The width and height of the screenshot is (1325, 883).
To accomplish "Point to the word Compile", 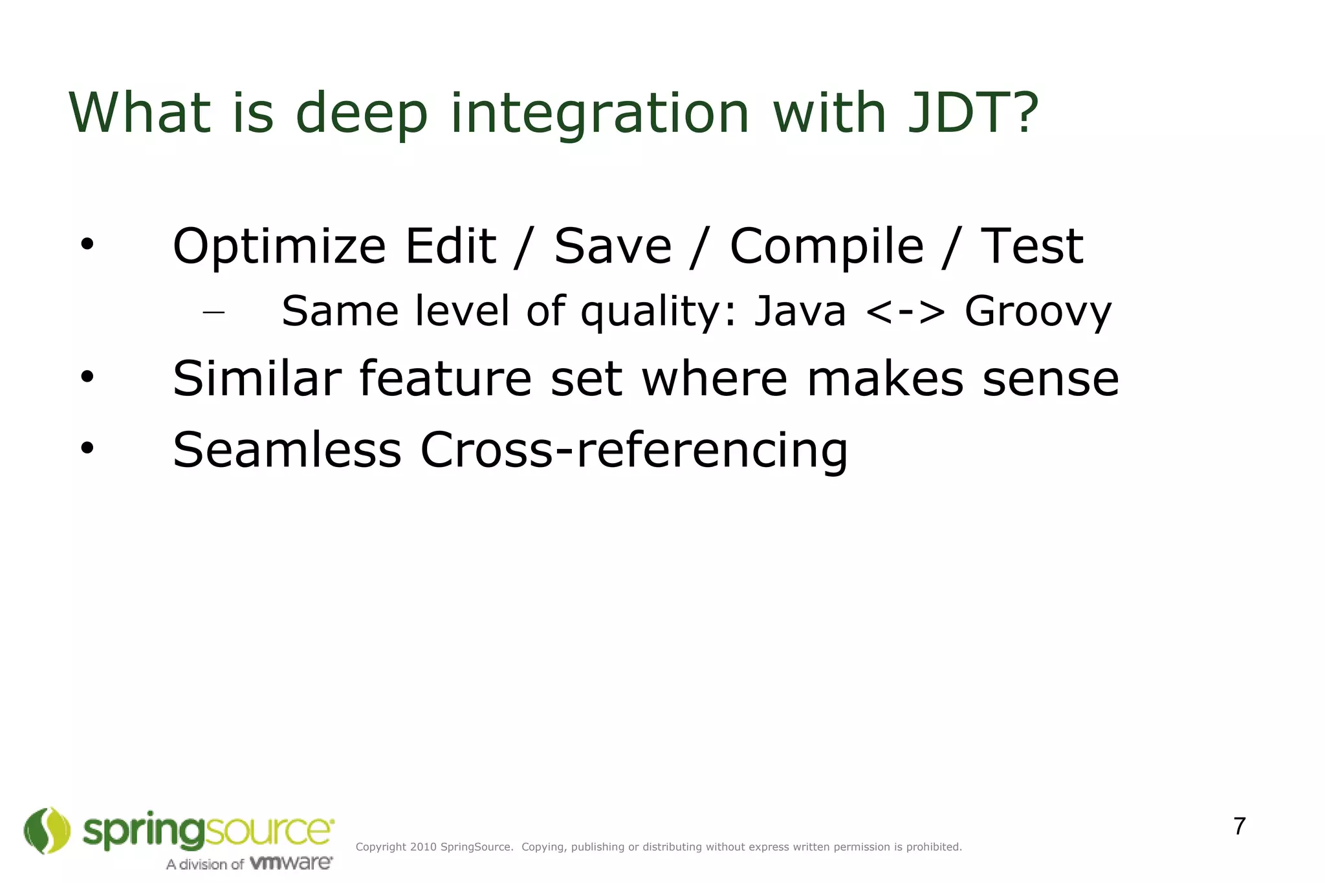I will (x=826, y=248).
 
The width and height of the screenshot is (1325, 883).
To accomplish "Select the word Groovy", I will (x=1038, y=312).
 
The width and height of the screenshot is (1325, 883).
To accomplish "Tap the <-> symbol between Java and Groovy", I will (x=904, y=312).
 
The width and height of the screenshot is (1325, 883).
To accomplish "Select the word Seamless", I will (x=287, y=450).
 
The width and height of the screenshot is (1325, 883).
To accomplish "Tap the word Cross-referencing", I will (x=633, y=451).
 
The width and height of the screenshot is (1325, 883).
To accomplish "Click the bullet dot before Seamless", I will (x=87, y=448).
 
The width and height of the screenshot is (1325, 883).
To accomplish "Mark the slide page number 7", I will (x=1239, y=827).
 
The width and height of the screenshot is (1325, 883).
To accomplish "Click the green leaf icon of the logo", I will (x=47, y=831).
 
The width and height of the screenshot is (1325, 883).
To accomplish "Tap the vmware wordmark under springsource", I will (x=290, y=863).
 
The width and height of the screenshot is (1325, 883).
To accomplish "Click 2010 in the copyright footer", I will (x=423, y=847).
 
